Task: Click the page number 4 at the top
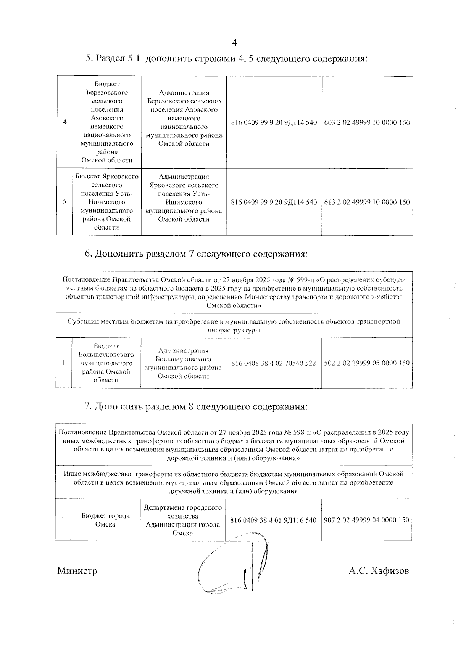pos(234,43)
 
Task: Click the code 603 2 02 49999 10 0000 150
pos(367,123)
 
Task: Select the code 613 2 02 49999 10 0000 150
pos(367,202)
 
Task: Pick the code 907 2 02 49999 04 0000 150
pos(366,520)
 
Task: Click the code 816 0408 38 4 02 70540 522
pos(274,363)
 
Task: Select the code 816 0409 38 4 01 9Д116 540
pos(274,520)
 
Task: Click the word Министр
pos(77,571)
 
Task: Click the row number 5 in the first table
pos(65,202)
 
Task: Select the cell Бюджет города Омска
pos(105,520)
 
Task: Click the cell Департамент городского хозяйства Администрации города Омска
pos(183,520)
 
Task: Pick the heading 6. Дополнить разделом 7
pos(196,254)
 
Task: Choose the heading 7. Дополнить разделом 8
pos(196,407)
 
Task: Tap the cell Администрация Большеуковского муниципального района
pos(183,363)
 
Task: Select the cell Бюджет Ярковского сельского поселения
pos(107,202)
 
